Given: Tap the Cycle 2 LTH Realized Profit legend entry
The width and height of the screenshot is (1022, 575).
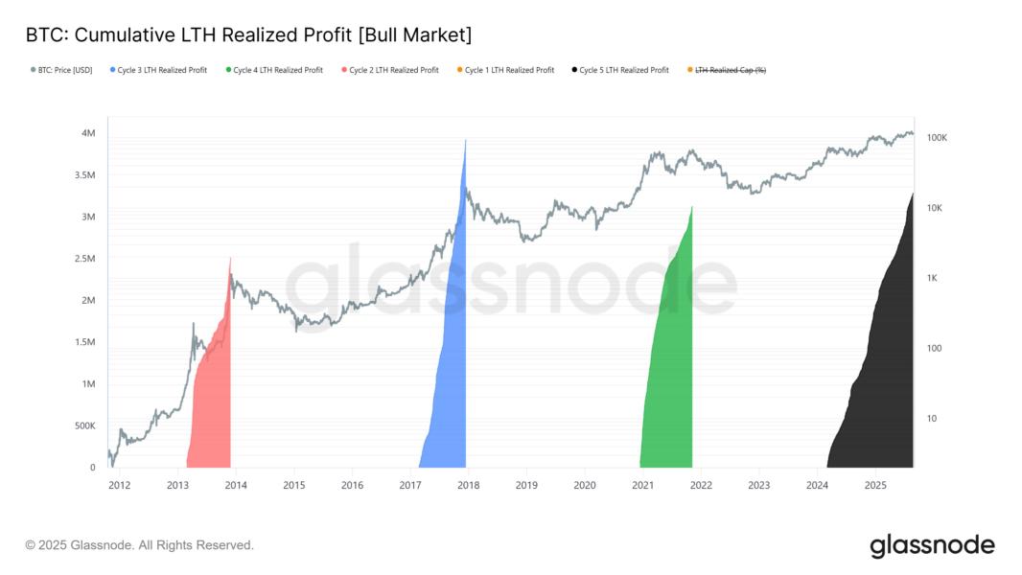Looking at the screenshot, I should pyautogui.click(x=393, y=70).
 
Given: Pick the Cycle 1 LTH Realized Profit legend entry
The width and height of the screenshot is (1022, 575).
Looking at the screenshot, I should pyautogui.click(x=509, y=70).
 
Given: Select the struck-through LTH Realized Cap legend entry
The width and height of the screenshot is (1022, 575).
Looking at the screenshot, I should pyautogui.click(x=730, y=70).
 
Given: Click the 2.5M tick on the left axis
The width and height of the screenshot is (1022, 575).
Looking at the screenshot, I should pyautogui.click(x=84, y=259).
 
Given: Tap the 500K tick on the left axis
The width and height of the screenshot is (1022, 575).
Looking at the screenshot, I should pyautogui.click(x=84, y=425).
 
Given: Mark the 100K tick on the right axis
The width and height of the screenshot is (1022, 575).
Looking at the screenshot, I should pyautogui.click(x=937, y=138).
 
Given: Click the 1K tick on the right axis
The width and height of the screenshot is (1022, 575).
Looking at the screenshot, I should pyautogui.click(x=932, y=278).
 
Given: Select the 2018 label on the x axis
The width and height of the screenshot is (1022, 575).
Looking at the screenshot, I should pyautogui.click(x=468, y=485).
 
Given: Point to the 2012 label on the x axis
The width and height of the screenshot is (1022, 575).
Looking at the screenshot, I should pyautogui.click(x=119, y=485).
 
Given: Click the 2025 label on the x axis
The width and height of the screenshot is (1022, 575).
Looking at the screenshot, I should pyautogui.click(x=874, y=485).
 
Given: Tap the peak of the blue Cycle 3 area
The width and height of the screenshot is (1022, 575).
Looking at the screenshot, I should pyautogui.click(x=465, y=141).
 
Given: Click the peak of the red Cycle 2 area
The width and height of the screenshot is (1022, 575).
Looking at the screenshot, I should pyautogui.click(x=230, y=259).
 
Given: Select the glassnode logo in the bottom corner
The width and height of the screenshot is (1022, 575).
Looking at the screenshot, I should pyautogui.click(x=932, y=545).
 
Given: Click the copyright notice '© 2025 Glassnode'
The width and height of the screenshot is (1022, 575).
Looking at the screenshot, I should pyautogui.click(x=139, y=545).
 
